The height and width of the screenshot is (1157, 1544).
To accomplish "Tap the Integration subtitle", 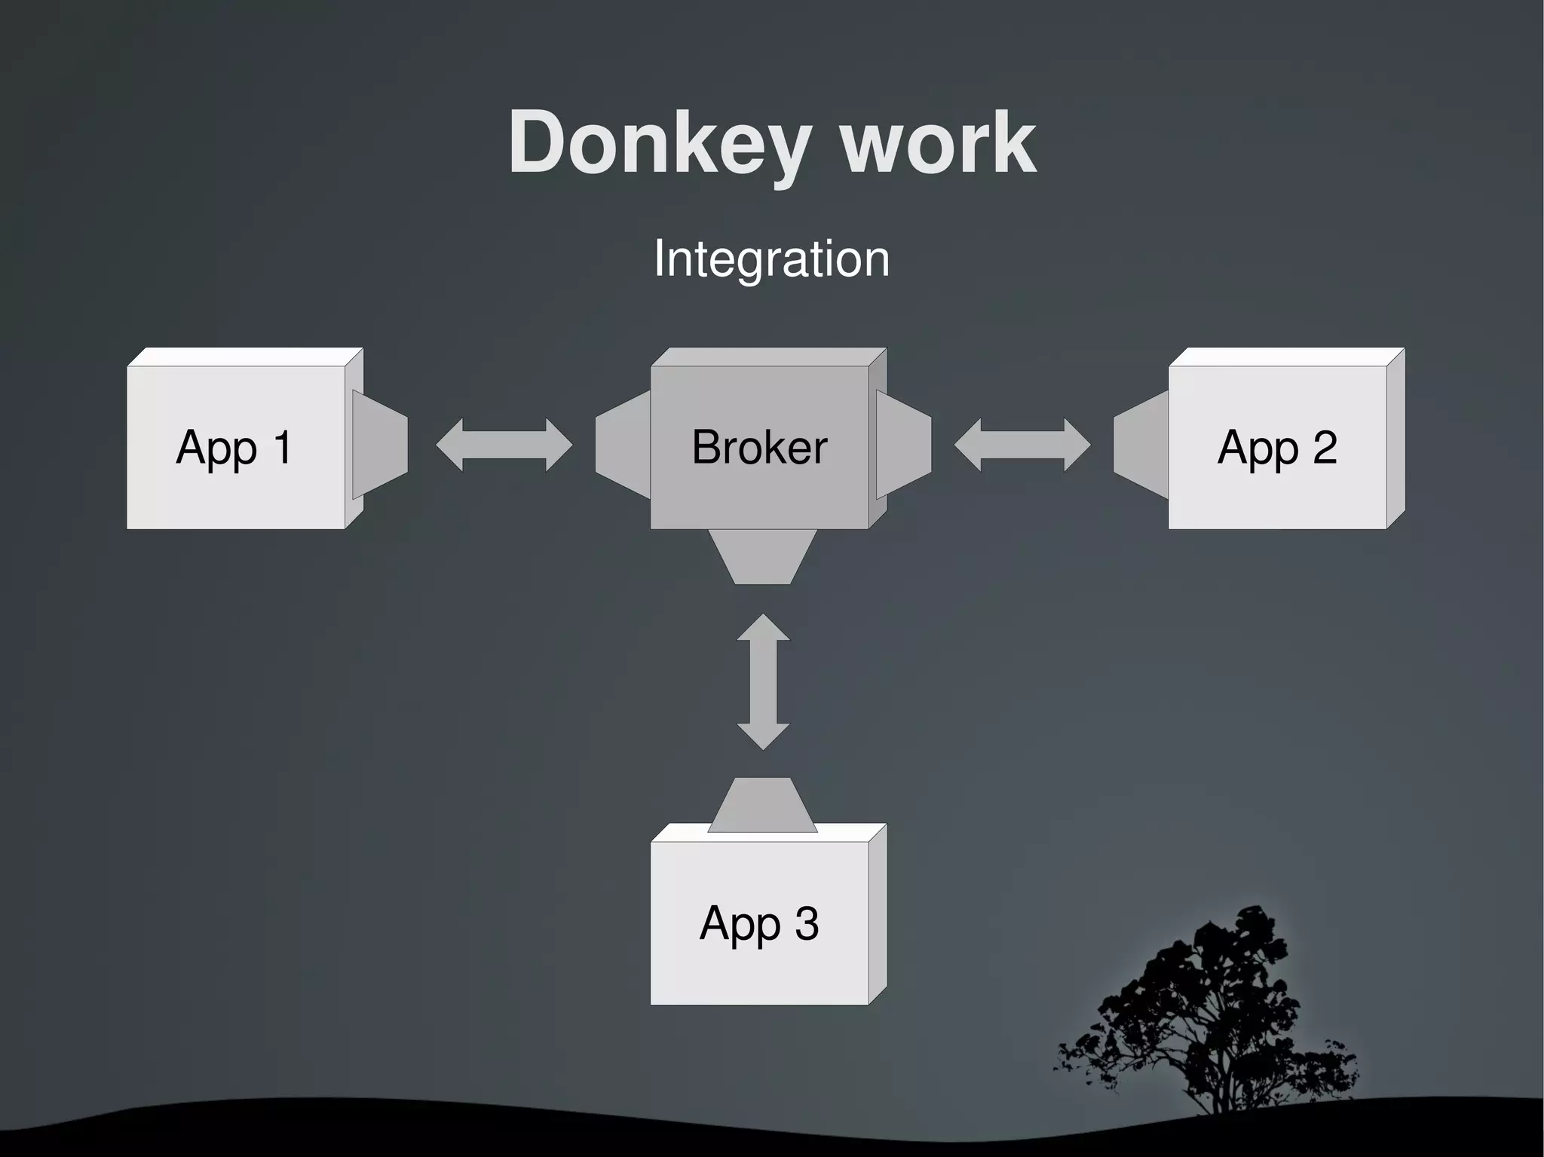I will (x=771, y=259).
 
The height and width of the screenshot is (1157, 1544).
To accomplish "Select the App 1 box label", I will (x=234, y=448).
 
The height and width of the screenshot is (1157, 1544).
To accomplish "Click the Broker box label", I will (x=759, y=448).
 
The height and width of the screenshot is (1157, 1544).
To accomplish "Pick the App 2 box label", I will (x=1277, y=448).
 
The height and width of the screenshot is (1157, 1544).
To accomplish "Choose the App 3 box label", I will (x=759, y=923).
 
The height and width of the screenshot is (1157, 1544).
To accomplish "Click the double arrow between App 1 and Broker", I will (x=504, y=445).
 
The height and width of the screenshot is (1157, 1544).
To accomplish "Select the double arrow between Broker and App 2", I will (x=1022, y=445).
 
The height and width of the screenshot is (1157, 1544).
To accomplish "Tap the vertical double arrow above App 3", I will (x=763, y=681).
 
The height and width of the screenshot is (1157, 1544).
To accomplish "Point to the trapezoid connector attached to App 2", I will (x=1141, y=445).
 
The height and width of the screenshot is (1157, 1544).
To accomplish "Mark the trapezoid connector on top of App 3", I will (x=761, y=805).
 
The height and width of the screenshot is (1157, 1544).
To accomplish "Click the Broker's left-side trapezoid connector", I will (x=623, y=445).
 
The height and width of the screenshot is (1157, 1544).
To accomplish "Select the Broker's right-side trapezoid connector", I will (x=904, y=445).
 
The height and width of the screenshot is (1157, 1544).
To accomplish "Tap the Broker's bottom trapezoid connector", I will (x=762, y=556).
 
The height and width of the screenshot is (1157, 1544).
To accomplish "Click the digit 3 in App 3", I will (x=806, y=923).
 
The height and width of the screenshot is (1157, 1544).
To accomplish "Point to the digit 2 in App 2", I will (x=1325, y=448).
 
